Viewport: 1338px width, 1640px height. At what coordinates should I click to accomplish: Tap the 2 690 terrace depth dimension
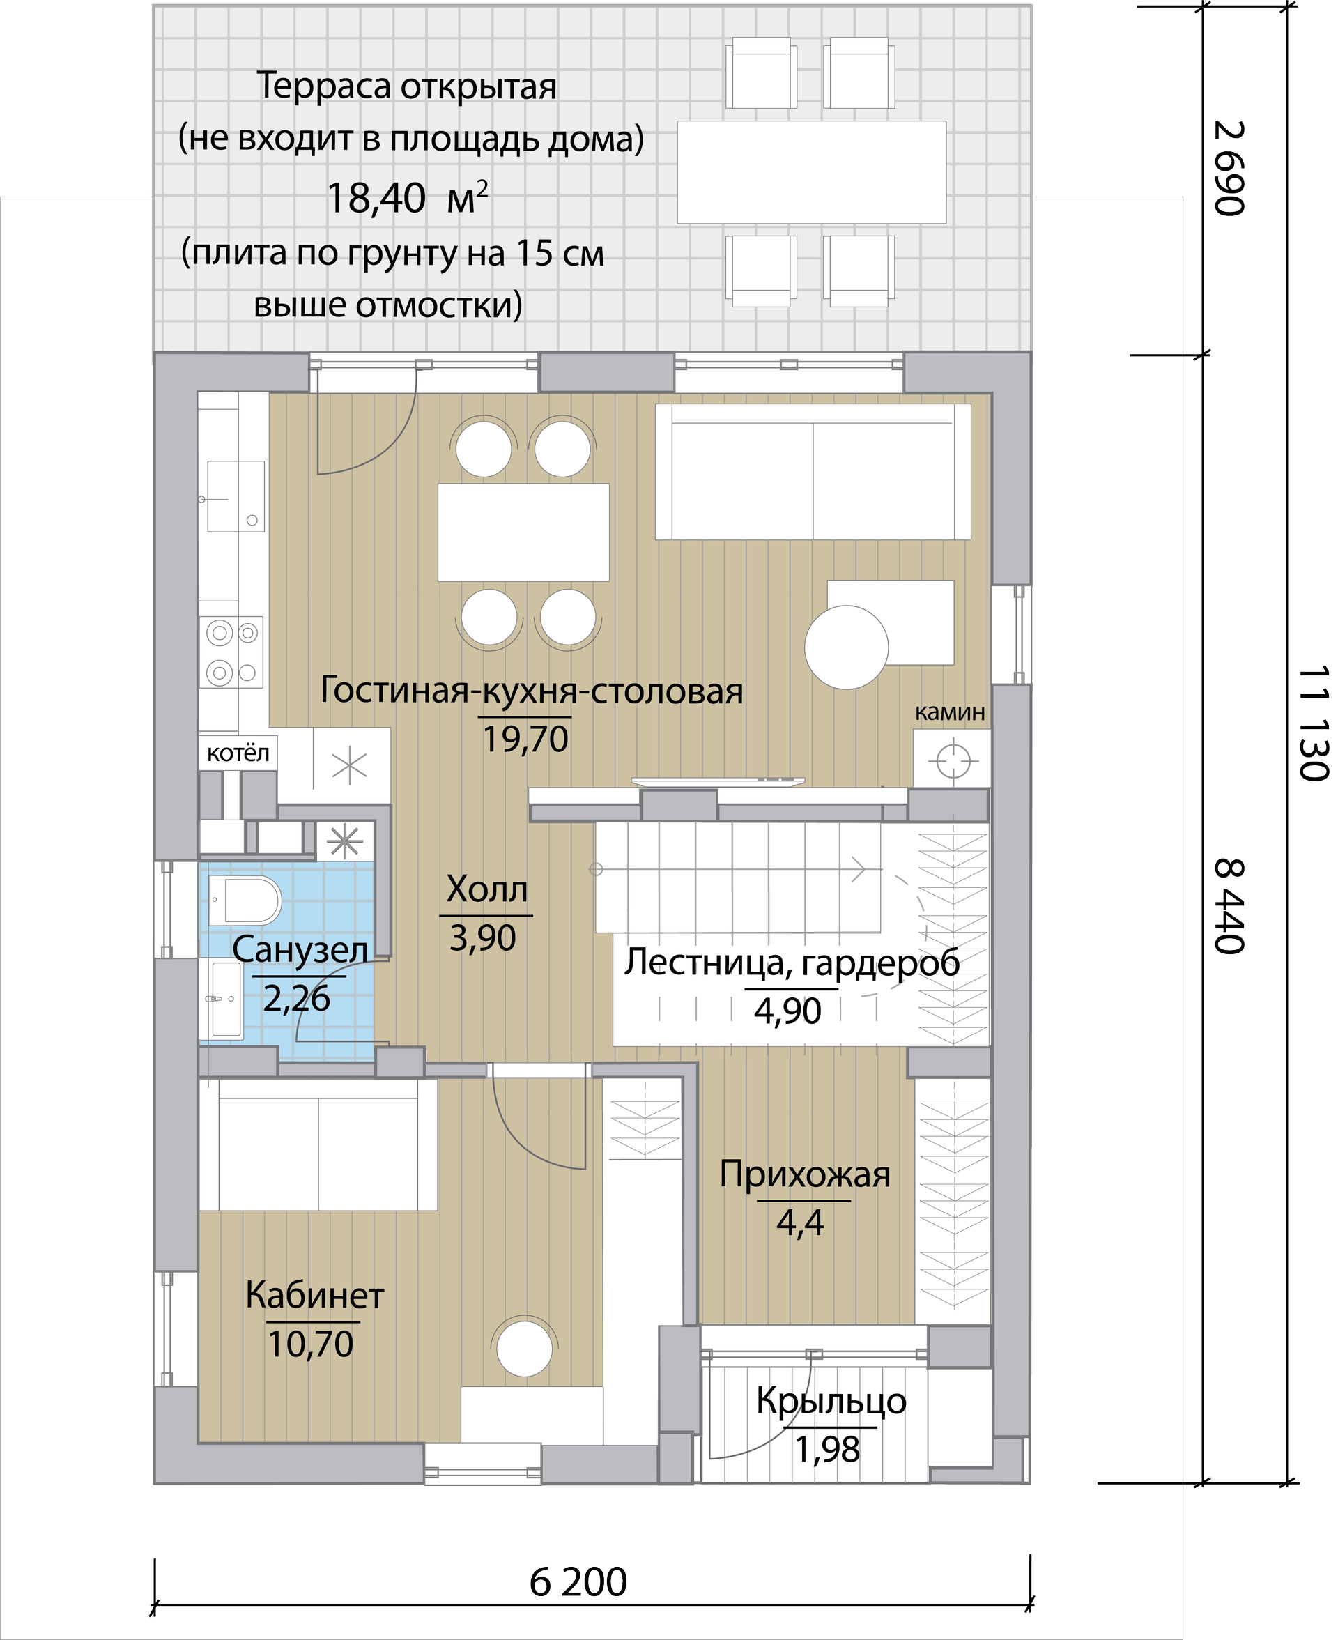(1229, 168)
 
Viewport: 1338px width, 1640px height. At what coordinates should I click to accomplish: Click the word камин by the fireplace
(950, 712)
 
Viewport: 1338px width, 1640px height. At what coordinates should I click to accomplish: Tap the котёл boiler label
(238, 753)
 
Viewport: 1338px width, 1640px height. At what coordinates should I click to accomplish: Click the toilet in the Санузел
(246, 899)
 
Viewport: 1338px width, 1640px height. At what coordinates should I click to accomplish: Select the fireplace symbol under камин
(953, 761)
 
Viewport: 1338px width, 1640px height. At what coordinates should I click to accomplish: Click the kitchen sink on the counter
(236, 496)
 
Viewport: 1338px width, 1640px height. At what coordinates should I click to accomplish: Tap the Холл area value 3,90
(482, 938)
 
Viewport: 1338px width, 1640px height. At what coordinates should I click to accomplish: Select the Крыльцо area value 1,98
(827, 1450)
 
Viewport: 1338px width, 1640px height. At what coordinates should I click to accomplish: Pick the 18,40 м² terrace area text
(407, 197)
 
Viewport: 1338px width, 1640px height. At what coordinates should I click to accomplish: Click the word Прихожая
(805, 1174)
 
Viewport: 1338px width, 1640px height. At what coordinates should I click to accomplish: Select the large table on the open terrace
(812, 172)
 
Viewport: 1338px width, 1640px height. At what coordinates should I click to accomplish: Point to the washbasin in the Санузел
(226, 999)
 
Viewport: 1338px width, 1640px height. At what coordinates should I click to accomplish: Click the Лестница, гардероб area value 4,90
(787, 1011)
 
